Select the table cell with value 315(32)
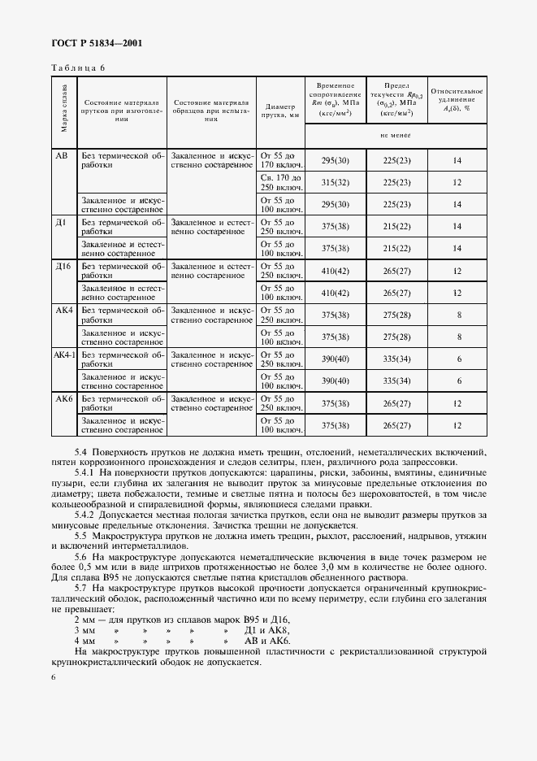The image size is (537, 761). click(335, 182)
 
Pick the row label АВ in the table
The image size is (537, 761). click(62, 154)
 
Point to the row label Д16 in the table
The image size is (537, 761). click(63, 266)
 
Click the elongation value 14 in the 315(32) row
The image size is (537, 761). click(457, 182)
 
